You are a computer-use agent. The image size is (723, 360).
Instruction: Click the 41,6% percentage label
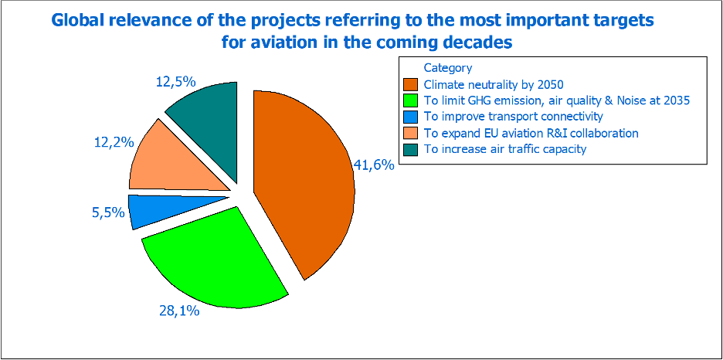pyautogui.click(x=374, y=165)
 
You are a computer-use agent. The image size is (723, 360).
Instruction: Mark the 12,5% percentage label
pyautogui.click(x=175, y=81)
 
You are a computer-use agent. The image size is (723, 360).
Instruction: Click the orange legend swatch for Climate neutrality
pyautogui.click(x=411, y=84)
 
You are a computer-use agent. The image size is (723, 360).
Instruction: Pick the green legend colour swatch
pyautogui.click(x=411, y=100)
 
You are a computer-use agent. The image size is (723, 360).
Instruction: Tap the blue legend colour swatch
pyautogui.click(x=411, y=117)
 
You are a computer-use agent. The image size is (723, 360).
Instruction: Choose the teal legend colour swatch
pyautogui.click(x=411, y=149)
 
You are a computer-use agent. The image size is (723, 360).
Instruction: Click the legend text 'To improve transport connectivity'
pyautogui.click(x=513, y=117)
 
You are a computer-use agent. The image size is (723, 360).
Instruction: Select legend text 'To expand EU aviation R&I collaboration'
pyautogui.click(x=531, y=133)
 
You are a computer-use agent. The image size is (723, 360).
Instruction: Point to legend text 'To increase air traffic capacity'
pyautogui.click(x=505, y=149)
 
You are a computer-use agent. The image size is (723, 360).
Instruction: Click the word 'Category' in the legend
pyautogui.click(x=447, y=68)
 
